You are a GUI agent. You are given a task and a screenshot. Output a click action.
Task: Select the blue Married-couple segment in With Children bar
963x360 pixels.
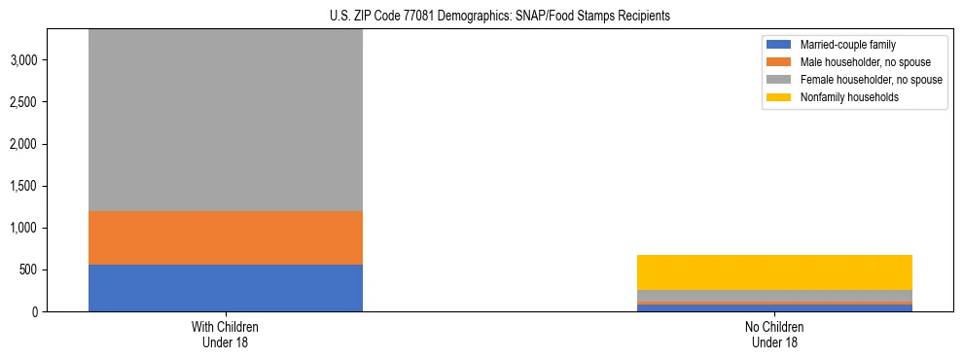point(226,288)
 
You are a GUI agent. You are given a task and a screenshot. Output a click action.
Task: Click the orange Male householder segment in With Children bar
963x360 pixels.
point(226,237)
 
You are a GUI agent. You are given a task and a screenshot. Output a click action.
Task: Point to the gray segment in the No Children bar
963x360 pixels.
point(774,296)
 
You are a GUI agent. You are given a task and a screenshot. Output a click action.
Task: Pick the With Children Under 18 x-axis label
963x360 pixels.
point(226,334)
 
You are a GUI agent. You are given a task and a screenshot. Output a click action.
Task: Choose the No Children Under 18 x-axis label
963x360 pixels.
point(774,334)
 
